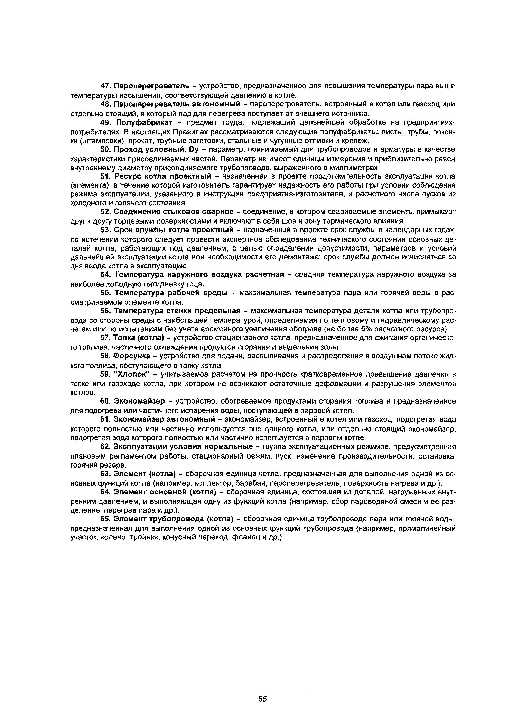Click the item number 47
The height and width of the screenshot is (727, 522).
[106, 86]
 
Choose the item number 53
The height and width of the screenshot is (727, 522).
[106, 230]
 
